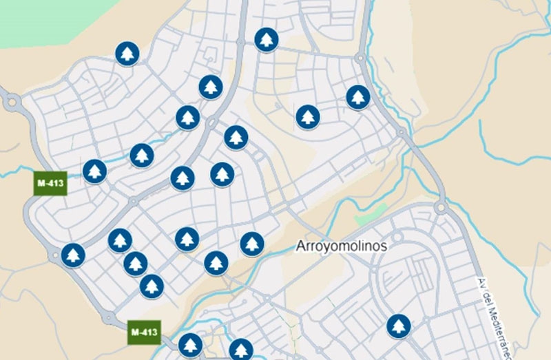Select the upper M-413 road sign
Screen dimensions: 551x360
tap(50, 184)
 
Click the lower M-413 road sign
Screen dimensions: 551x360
tap(144, 332)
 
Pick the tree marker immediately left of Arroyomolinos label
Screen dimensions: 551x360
tap(252, 243)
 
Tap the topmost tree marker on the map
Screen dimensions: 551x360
tap(266, 39)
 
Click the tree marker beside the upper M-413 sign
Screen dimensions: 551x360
tap(95, 171)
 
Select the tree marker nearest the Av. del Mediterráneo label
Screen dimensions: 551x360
tap(398, 326)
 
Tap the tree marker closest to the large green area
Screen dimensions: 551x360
tap(127, 53)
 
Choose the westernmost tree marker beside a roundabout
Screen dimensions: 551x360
tap(72, 255)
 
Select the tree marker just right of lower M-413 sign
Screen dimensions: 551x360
tap(190, 345)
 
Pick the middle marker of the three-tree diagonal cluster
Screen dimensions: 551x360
tap(136, 263)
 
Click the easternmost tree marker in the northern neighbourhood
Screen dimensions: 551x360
tap(357, 97)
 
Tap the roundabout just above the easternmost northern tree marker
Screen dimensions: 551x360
tap(360, 59)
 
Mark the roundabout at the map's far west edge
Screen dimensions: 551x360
tap(11, 103)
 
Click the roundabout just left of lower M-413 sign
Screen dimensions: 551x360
tap(108, 317)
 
